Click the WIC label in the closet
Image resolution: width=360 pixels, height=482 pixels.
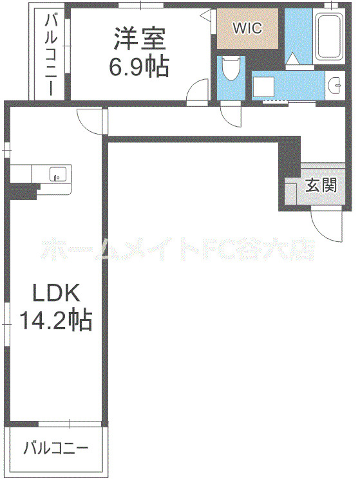pos(248,28)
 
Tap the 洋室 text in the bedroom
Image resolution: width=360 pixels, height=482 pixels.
pos(140,39)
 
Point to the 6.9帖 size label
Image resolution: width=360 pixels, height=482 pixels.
pos(140,66)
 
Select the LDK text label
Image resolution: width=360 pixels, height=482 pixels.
pos(56,294)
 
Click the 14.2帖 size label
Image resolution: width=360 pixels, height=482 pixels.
pos(56,319)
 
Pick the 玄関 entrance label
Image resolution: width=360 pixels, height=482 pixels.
pos(320,186)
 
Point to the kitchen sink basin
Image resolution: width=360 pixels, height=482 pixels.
pos(58,174)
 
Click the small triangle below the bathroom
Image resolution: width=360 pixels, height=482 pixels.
pos(292,59)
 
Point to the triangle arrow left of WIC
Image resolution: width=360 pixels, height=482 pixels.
pos(205,15)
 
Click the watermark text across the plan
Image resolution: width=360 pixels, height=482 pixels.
pos(176,249)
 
